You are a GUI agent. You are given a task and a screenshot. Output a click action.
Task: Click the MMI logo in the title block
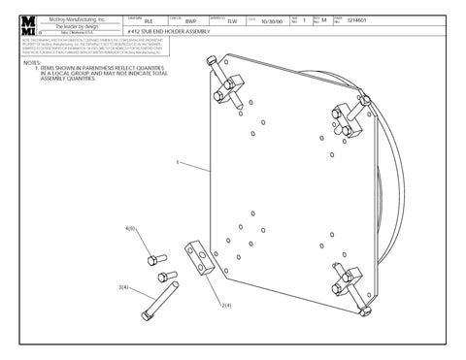click(x=31, y=23)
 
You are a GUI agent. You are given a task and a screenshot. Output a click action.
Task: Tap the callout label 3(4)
click(x=123, y=287)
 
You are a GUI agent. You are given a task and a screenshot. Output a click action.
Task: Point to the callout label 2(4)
click(x=225, y=305)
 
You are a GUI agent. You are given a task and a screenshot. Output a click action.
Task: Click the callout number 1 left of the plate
click(x=178, y=164)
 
